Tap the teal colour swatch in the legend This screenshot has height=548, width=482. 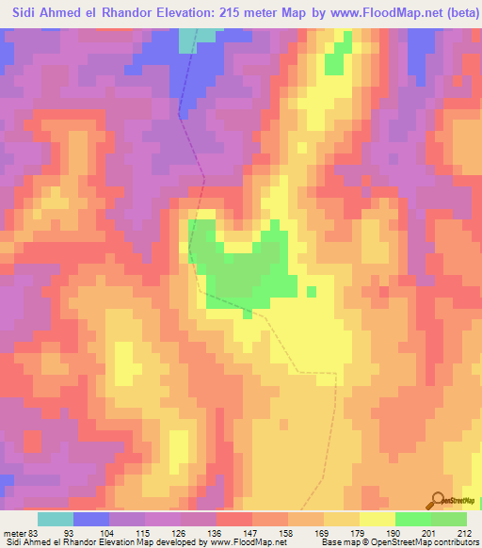click(x=56, y=519)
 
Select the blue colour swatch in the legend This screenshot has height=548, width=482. click(x=91, y=519)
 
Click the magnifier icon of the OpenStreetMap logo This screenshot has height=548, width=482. click(x=439, y=499)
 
